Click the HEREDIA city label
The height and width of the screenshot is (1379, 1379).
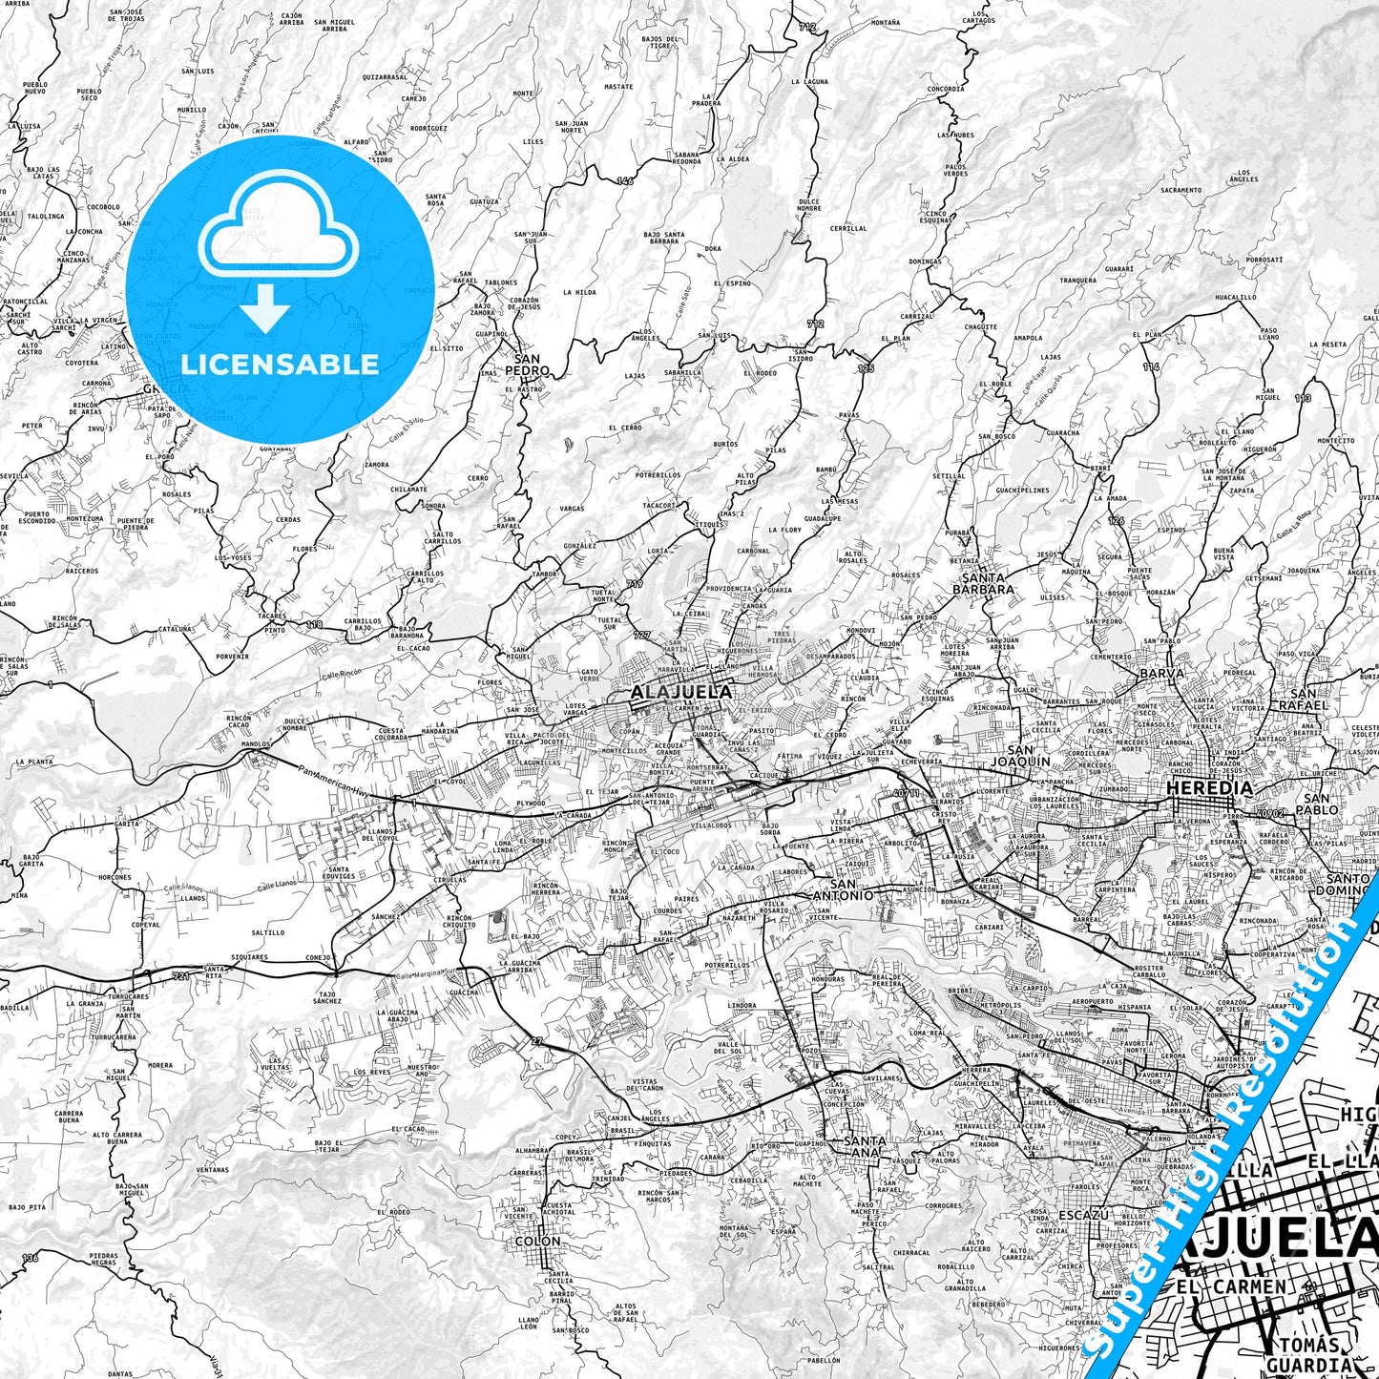[1210, 788]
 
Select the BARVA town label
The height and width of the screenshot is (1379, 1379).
[1161, 673]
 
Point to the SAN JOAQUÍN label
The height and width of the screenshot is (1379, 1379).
[1019, 755]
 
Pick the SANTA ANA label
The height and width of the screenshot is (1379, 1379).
[866, 1145]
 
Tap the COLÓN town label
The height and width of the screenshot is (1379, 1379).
[537, 1242]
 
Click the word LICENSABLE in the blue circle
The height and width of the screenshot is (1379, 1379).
[280, 365]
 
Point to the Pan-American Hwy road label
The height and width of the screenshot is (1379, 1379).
[333, 782]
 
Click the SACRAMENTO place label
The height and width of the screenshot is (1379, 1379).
[1181, 190]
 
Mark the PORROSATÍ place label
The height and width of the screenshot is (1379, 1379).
[1264, 259]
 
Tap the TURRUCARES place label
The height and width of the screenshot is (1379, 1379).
[128, 996]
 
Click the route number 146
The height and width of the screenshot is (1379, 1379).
[624, 180]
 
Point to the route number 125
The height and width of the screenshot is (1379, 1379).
[866, 367]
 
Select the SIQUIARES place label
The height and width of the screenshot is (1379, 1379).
[249, 956]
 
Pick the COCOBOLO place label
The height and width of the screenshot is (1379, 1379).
[103, 206]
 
